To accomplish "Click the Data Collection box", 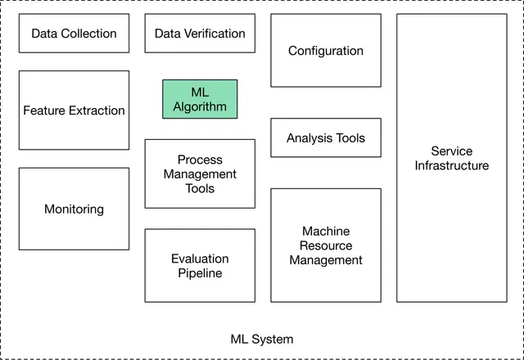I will click(x=74, y=34).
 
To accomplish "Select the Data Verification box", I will click(x=200, y=34).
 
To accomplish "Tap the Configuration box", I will click(x=325, y=51).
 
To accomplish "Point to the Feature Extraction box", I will click(x=74, y=110).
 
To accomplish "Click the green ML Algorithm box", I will click(x=200, y=99).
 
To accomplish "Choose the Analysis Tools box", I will click(x=325, y=138).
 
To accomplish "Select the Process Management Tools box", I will click(x=200, y=173).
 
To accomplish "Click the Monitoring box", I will click(x=74, y=209).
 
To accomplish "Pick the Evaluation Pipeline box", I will click(x=200, y=266).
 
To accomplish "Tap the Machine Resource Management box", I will click(x=325, y=245).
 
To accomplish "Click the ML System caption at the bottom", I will click(x=262, y=339).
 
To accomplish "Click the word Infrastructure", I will click(x=451, y=165).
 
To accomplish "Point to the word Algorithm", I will click(x=200, y=106).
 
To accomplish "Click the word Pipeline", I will click(x=200, y=273).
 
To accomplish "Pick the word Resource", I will click(x=325, y=245).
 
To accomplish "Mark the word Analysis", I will click(x=307, y=138).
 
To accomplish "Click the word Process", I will click(x=200, y=160).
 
